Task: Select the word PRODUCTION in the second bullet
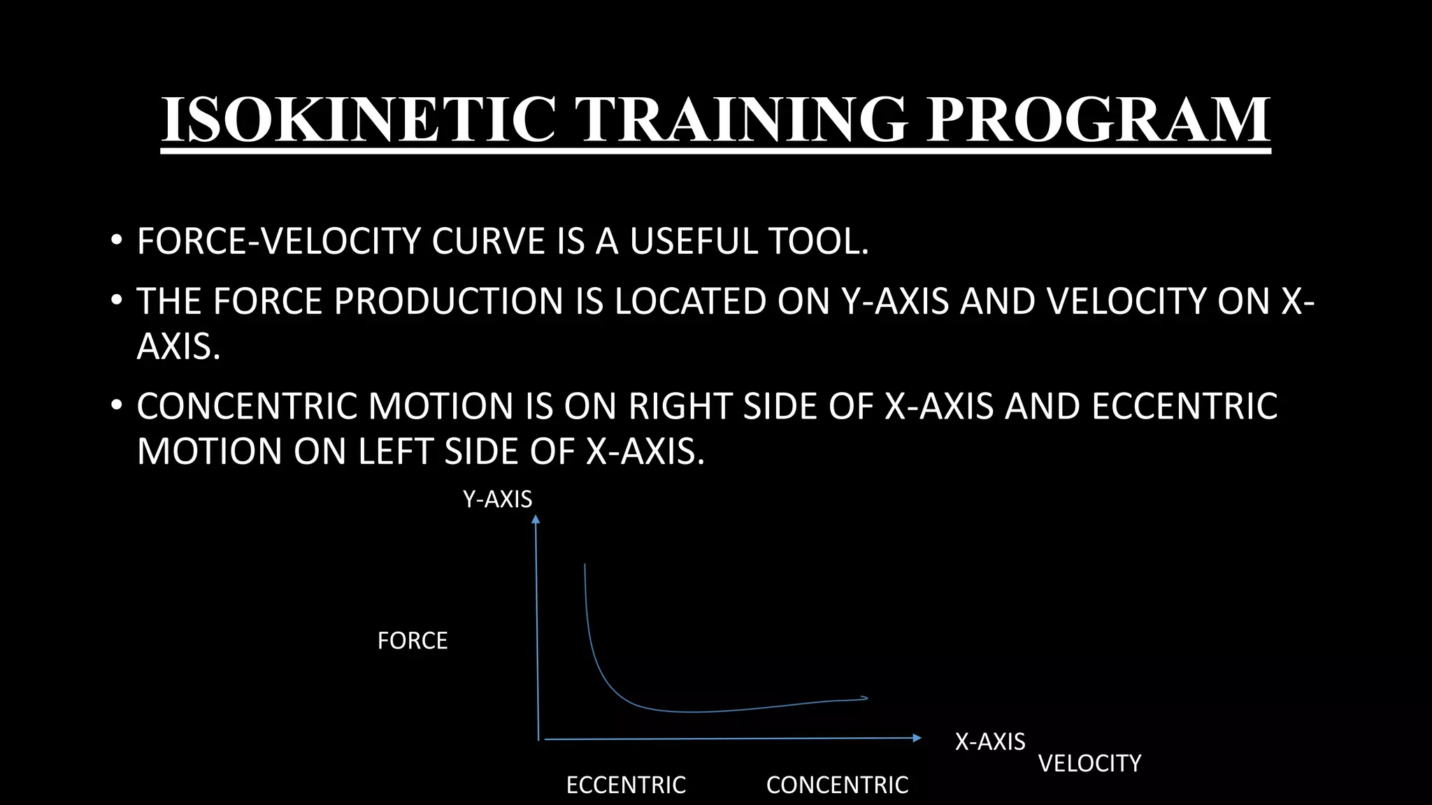(x=448, y=302)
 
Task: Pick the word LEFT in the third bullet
(x=396, y=451)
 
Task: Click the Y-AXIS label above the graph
(x=497, y=500)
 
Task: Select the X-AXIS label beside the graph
(x=990, y=741)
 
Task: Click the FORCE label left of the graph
(x=412, y=641)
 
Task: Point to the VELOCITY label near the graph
(x=1089, y=763)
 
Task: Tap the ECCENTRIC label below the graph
(x=626, y=785)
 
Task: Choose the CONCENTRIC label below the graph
(x=837, y=785)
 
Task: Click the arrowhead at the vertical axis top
(x=536, y=518)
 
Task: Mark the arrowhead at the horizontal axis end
(x=917, y=738)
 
